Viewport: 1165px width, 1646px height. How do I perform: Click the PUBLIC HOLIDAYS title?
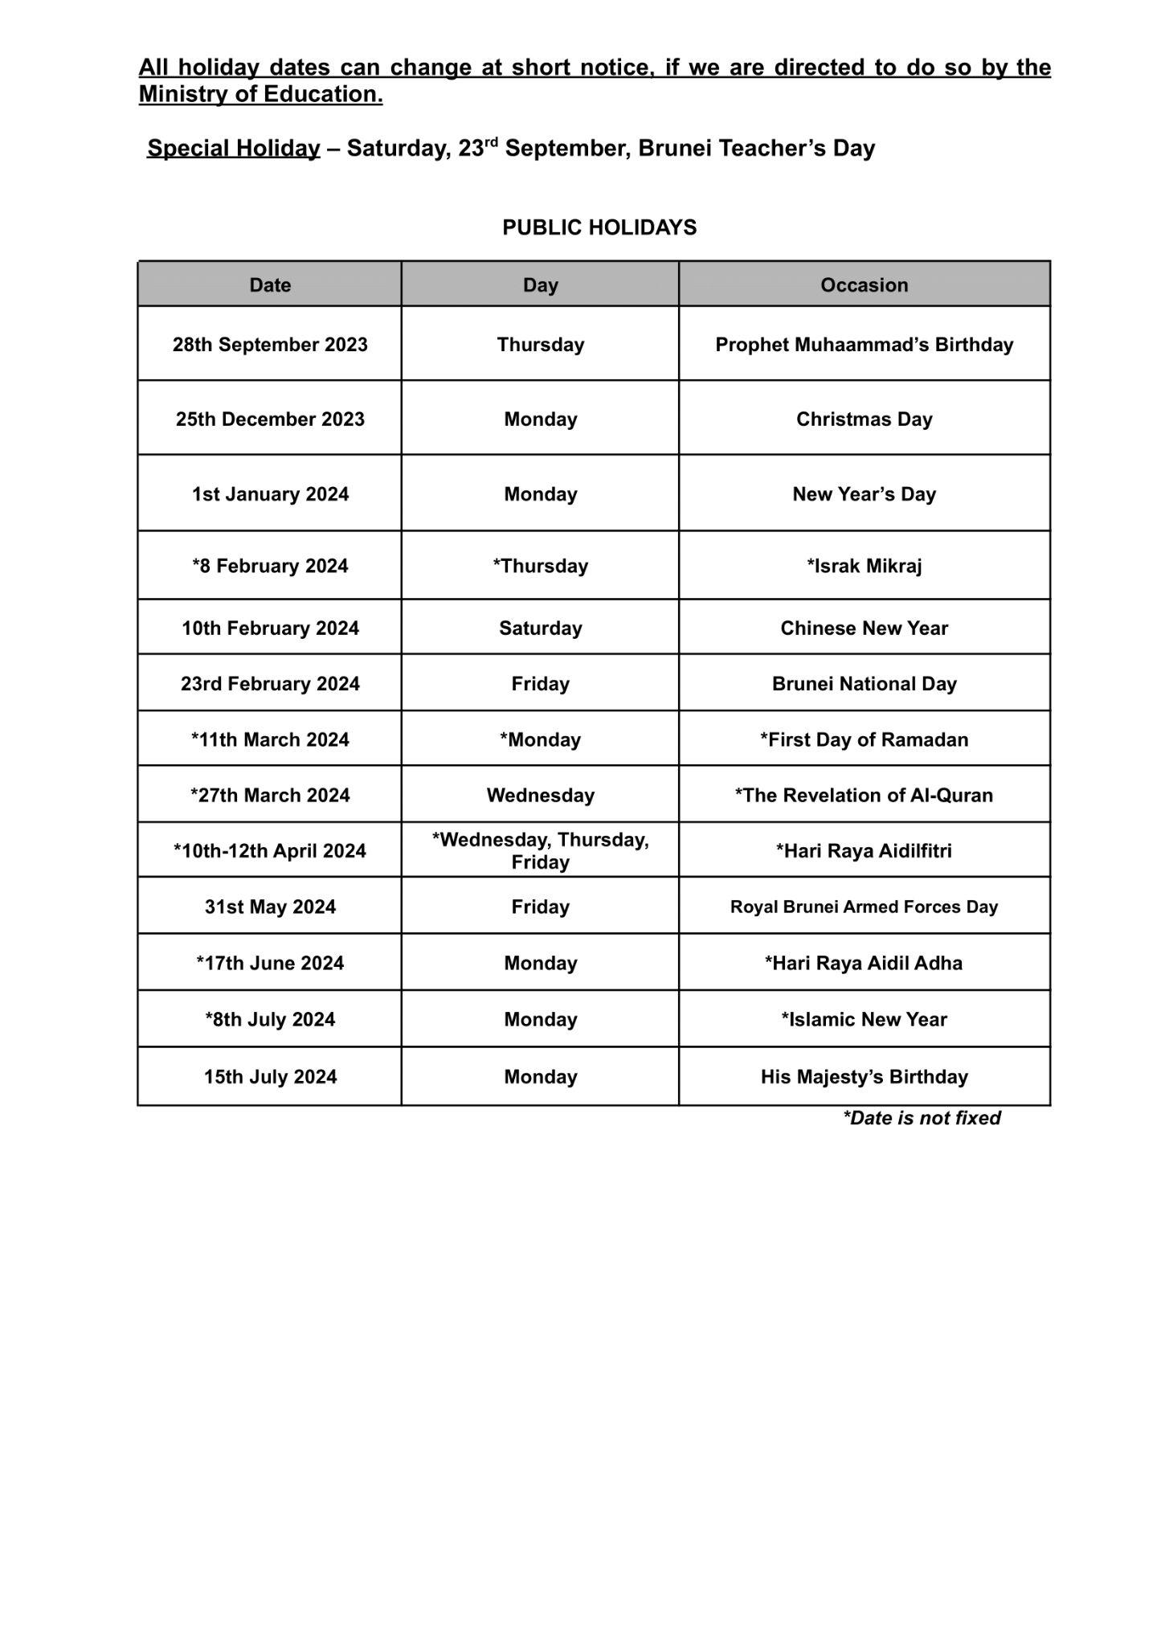pos(599,227)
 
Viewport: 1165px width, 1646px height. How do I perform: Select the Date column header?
pos(270,285)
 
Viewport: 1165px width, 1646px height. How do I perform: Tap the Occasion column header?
pos(864,285)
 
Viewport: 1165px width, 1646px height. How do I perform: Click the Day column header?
pos(540,285)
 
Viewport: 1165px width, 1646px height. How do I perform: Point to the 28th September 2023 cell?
pos(270,345)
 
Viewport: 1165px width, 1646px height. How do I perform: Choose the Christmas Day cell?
pos(864,420)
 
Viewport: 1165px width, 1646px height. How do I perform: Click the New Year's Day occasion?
pos(864,494)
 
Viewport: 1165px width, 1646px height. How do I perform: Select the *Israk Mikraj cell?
pos(864,566)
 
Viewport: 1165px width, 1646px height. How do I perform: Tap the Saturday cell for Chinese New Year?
pos(540,629)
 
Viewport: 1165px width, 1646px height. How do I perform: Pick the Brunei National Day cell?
pos(864,684)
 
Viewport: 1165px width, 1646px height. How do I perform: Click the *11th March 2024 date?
pos(270,739)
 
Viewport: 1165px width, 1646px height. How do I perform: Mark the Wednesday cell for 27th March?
pos(540,796)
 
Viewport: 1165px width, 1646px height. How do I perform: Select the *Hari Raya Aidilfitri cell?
pos(864,851)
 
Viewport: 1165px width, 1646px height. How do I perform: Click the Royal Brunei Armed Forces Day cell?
pos(864,907)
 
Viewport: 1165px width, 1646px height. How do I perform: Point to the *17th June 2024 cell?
pos(270,964)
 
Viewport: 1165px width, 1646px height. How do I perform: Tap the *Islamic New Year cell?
pos(864,1020)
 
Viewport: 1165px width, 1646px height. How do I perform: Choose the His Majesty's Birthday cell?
pos(864,1077)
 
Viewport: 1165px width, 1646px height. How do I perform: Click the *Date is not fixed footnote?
pos(921,1118)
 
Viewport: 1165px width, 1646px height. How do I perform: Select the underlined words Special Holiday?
pos(233,149)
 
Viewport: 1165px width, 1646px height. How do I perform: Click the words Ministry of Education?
pos(260,94)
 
